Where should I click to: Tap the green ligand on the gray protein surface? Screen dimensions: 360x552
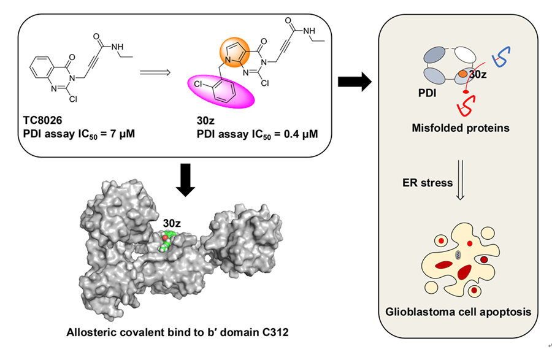click(166, 241)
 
